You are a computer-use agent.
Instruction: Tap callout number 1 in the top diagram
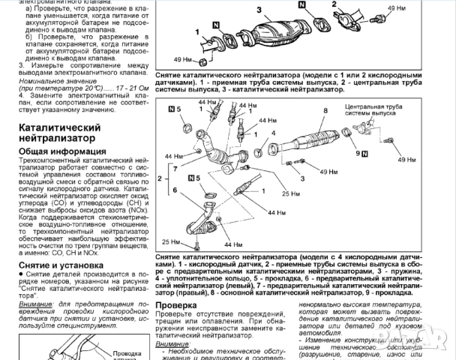tap(198, 32)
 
